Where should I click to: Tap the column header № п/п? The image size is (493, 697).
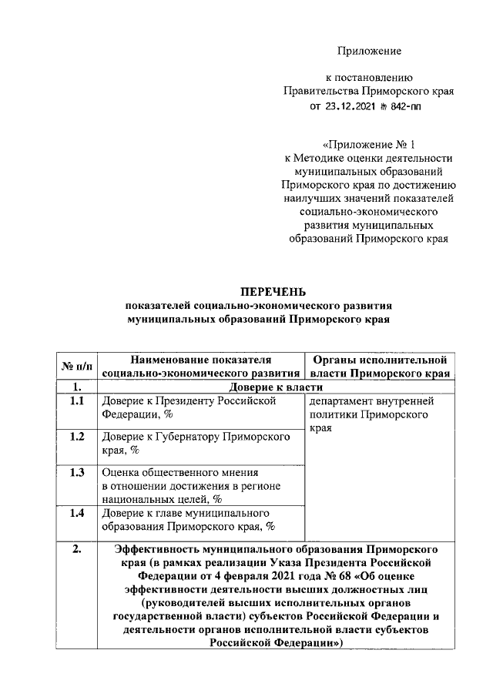point(76,365)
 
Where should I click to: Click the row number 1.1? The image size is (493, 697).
point(76,401)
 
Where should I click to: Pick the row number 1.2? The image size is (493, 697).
point(76,437)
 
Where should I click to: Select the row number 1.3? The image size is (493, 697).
point(76,472)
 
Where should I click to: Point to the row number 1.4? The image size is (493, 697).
point(76,512)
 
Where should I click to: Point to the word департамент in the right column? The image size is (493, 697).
point(343,401)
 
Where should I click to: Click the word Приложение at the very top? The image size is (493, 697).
point(369,51)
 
